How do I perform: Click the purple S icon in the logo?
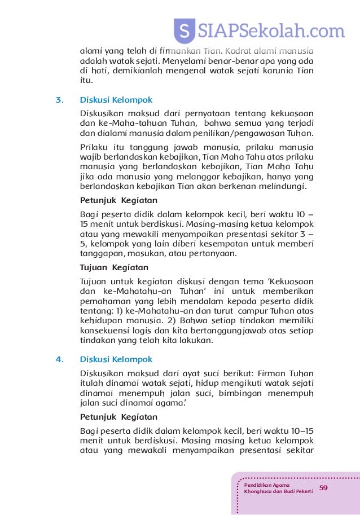pyautogui.click(x=183, y=30)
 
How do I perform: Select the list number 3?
pyautogui.click(x=59, y=100)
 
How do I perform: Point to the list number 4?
pyautogui.click(x=59, y=359)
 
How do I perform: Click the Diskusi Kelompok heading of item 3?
pyautogui.click(x=116, y=100)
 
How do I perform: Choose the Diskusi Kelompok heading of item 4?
pyautogui.click(x=116, y=359)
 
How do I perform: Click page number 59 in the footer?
pyautogui.click(x=324, y=487)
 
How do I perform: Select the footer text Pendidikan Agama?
pyautogui.click(x=267, y=485)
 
